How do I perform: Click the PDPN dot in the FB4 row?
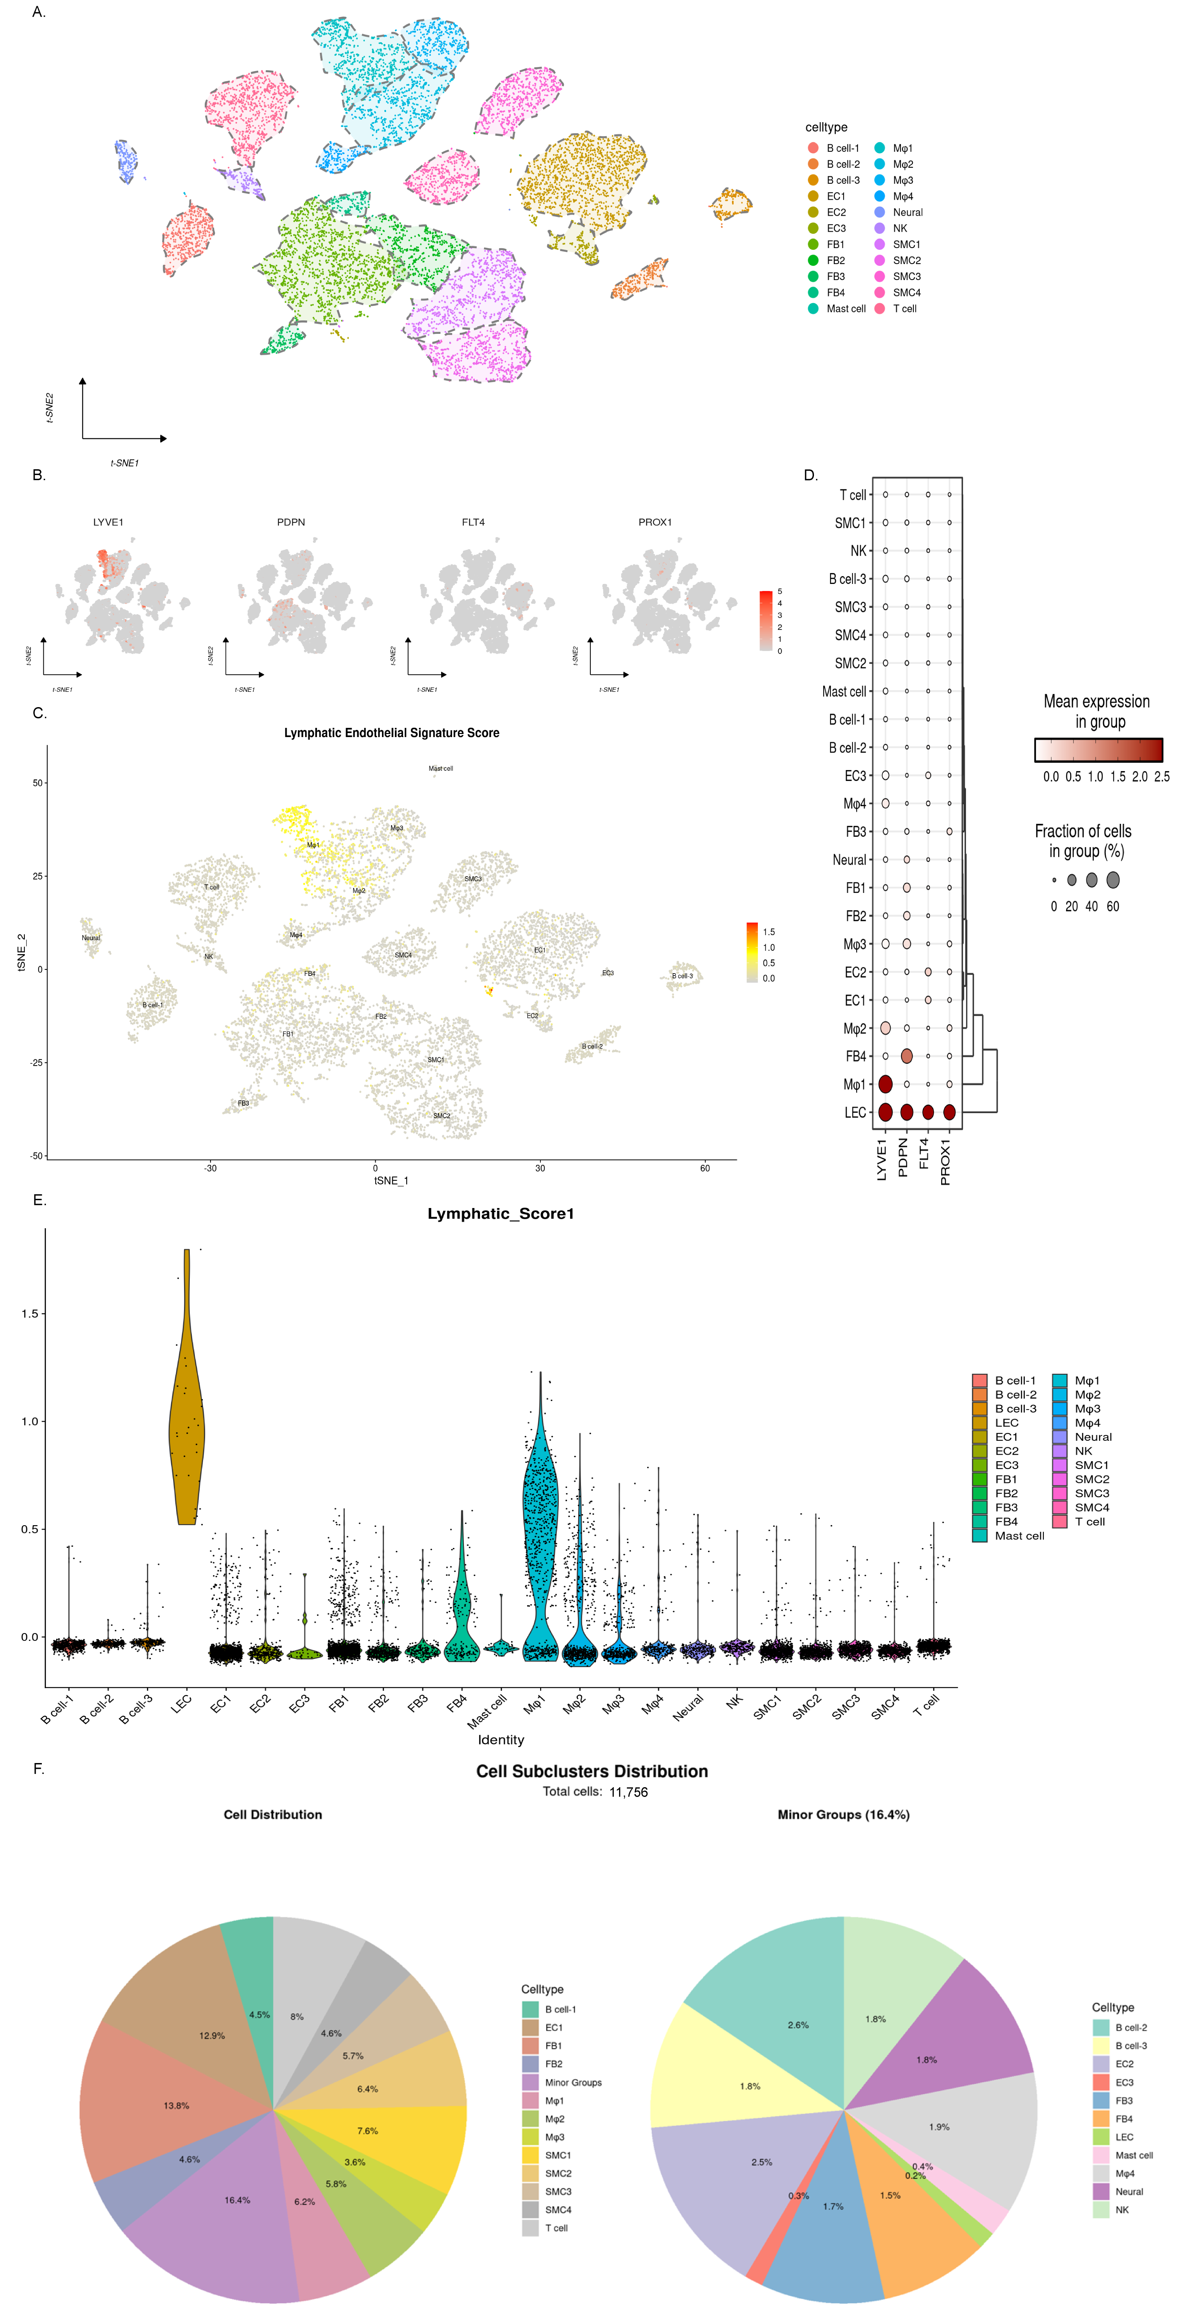tap(906, 1056)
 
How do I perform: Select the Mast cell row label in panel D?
tap(844, 691)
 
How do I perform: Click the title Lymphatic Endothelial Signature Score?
tap(392, 733)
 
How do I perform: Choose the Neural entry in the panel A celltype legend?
tap(907, 212)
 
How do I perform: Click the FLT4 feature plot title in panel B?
tap(473, 522)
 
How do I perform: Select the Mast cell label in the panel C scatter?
tap(440, 769)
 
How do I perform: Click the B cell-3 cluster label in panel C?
tap(682, 976)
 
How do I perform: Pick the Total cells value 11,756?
tap(628, 1792)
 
